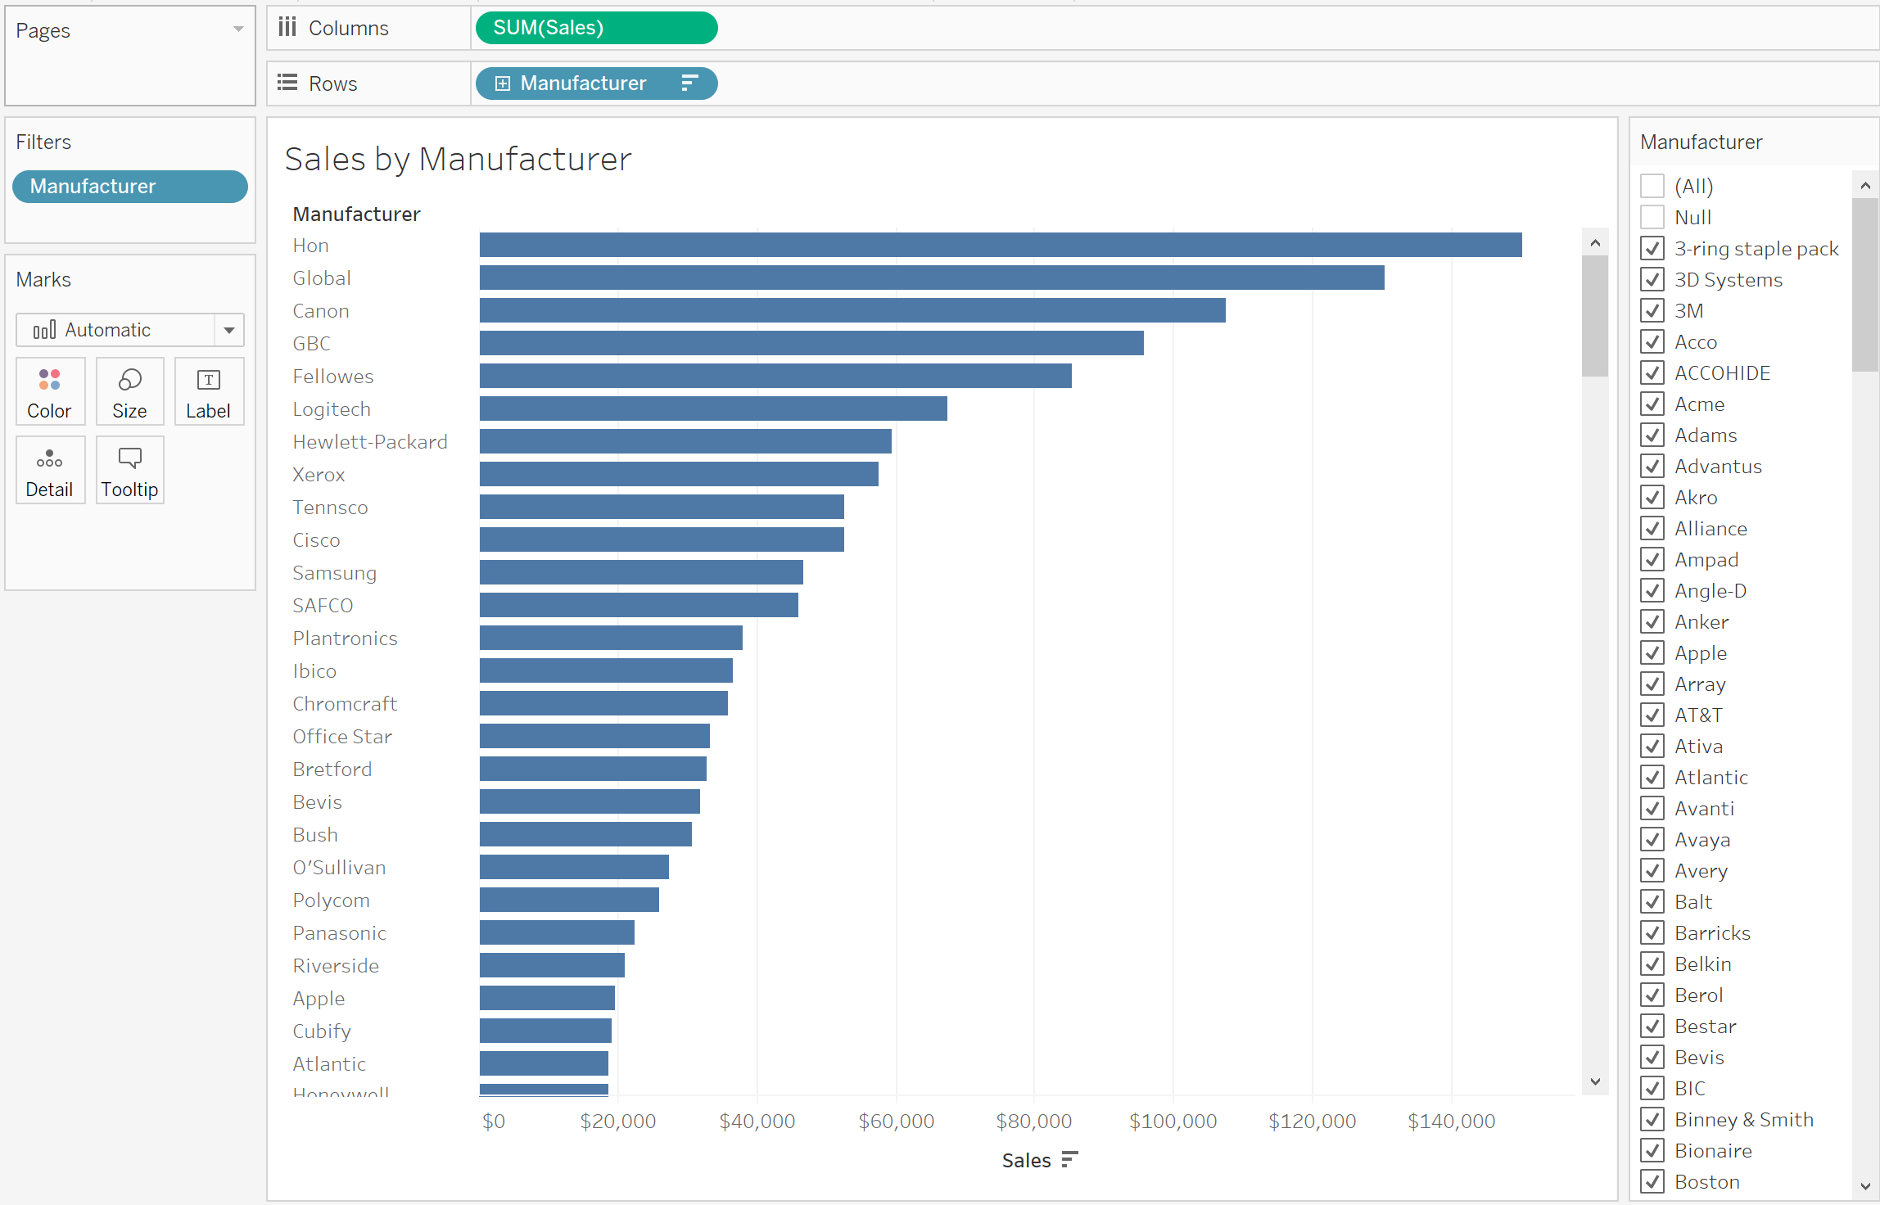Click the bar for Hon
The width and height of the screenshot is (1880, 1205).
[x=1001, y=245]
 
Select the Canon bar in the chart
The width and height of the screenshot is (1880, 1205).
[x=852, y=310]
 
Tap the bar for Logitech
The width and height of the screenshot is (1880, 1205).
[x=713, y=408]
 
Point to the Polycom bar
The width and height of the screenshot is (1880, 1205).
[x=569, y=900]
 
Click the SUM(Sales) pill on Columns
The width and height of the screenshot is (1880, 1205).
[x=596, y=28]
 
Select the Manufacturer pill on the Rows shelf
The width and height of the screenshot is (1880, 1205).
[x=596, y=83]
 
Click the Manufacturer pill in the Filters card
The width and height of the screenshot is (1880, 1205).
[x=130, y=187]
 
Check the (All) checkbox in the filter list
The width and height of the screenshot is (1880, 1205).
[x=1652, y=186]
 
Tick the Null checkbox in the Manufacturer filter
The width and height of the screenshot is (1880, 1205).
[x=1652, y=217]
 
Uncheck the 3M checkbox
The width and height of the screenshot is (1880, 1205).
[x=1652, y=310]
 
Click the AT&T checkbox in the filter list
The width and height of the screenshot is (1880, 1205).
[x=1652, y=715]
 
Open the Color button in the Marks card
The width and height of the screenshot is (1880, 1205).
[x=50, y=391]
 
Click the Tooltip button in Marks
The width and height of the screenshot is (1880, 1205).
[x=129, y=470]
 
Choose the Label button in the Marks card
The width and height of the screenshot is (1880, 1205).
[x=209, y=391]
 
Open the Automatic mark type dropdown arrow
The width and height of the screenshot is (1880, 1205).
[x=229, y=330]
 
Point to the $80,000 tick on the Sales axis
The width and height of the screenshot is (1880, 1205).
[x=1033, y=1121]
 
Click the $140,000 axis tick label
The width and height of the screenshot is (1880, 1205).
[x=1451, y=1121]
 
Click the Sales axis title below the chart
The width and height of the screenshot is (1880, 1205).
[x=1027, y=1160]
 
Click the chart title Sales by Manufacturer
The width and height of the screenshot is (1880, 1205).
[x=458, y=159]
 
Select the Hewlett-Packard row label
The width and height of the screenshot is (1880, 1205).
[x=370, y=442]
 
